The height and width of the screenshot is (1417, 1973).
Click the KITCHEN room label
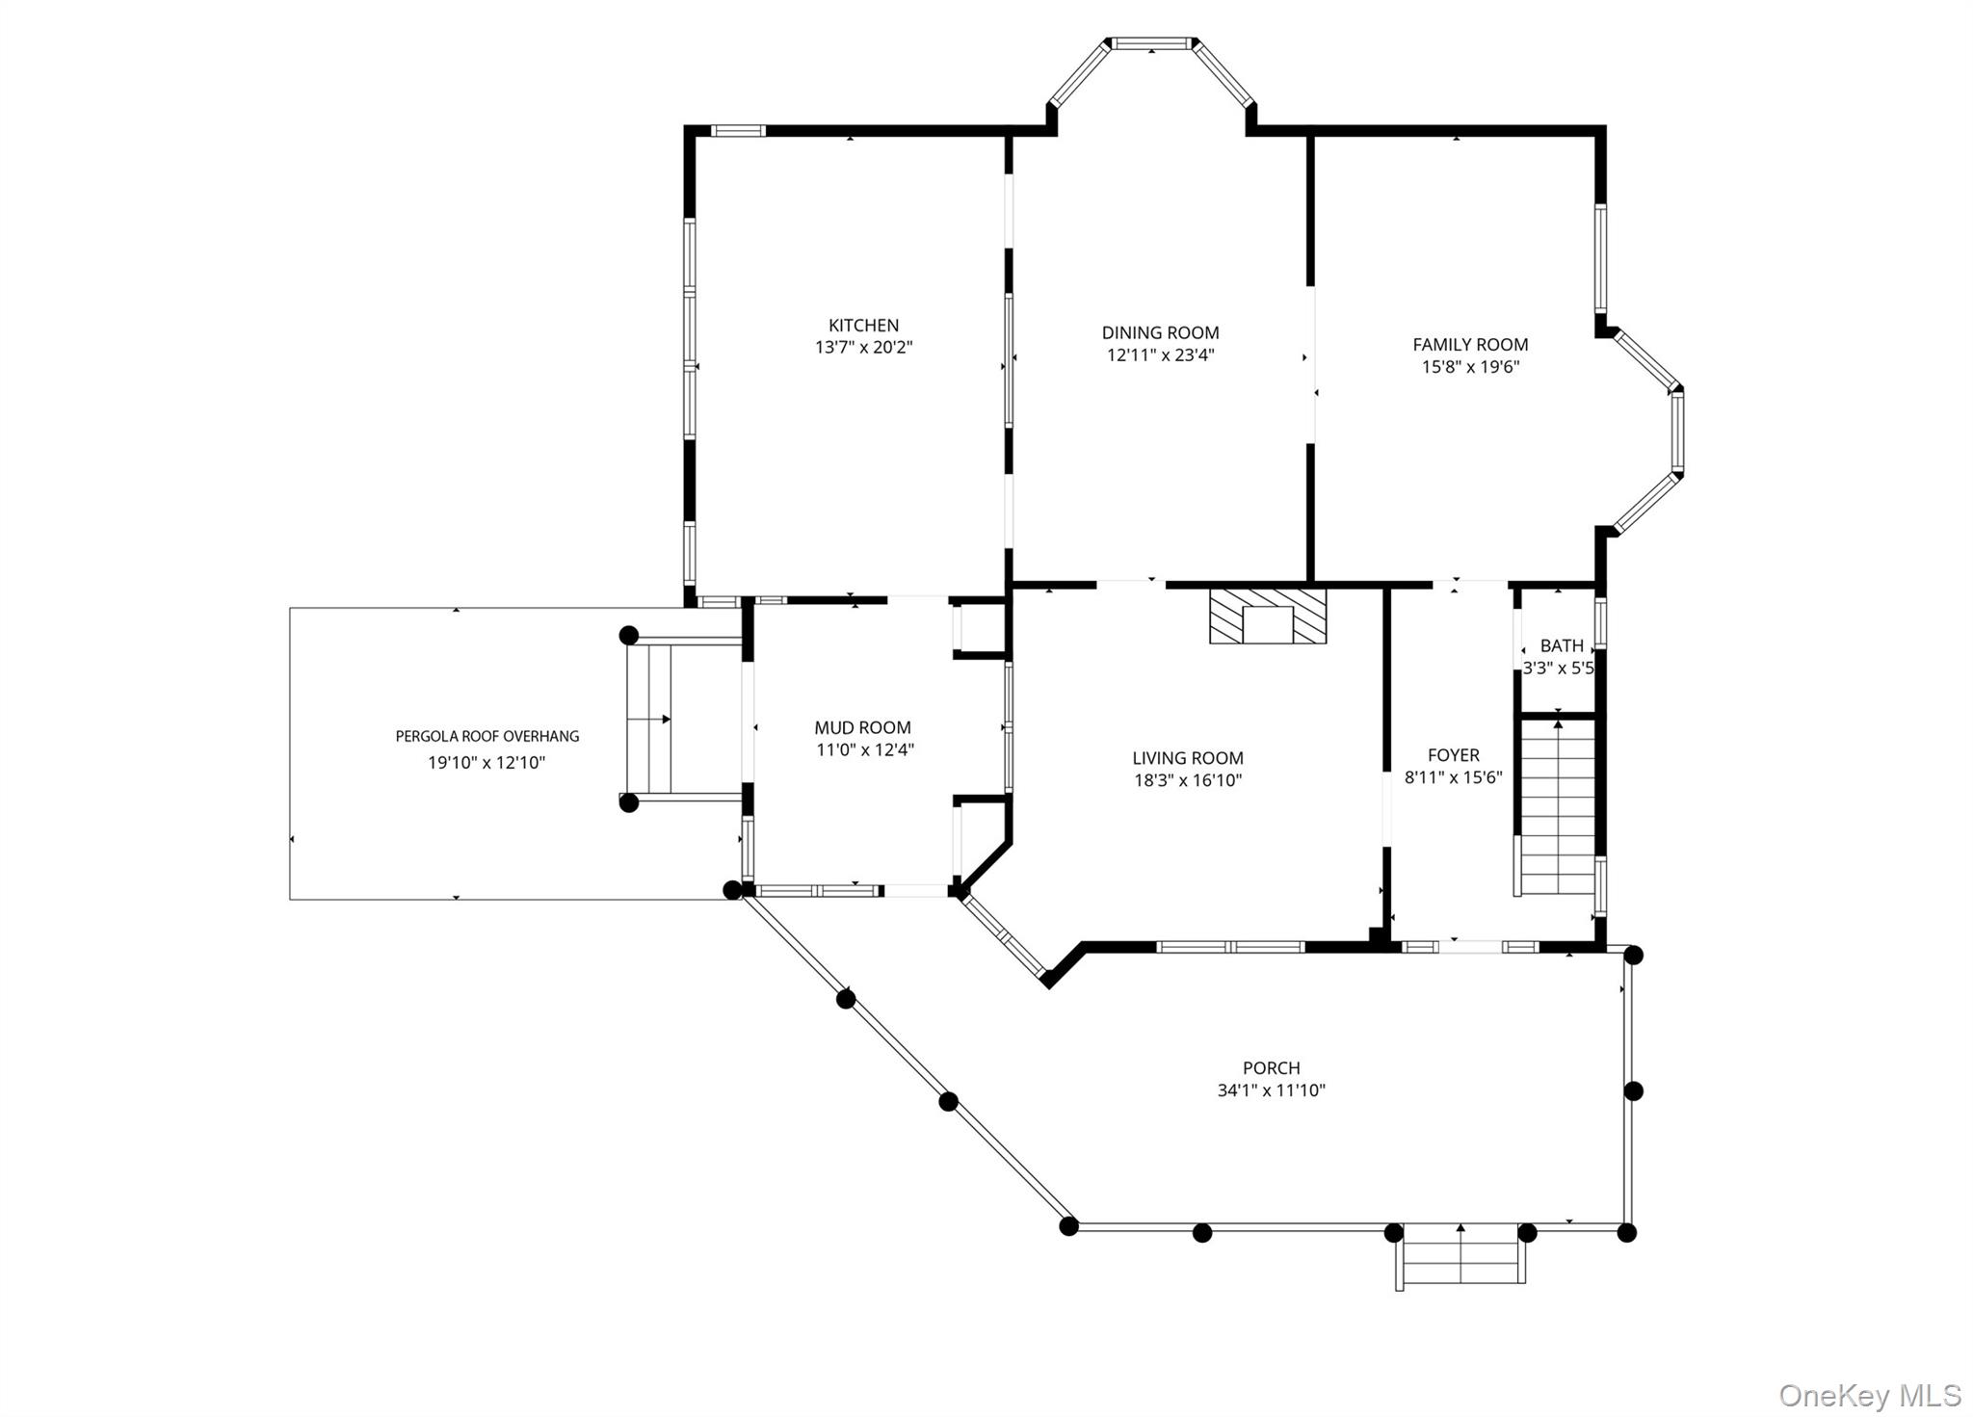pos(863,326)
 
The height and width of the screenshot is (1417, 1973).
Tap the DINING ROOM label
pos(1160,333)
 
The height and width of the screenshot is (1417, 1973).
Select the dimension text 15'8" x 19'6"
pos(1470,367)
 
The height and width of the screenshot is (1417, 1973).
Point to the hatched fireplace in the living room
pos(1268,617)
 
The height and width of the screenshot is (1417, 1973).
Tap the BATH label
pos(1562,645)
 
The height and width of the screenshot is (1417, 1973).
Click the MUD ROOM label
pos(862,728)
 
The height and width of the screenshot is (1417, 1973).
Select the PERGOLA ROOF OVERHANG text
pos(487,737)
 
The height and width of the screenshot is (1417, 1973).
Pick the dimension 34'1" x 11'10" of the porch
pos(1271,1090)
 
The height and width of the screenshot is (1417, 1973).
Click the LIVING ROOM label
pos(1187,758)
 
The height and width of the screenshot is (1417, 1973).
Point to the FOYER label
pos(1453,755)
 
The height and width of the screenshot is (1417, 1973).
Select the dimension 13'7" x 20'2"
pos(863,348)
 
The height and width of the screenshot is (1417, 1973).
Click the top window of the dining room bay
pos(1151,43)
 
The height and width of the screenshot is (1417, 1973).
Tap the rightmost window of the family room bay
pos(1677,431)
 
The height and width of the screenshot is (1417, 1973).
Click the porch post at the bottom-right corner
pos(1626,1232)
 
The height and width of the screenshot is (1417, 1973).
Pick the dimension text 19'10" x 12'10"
pos(487,763)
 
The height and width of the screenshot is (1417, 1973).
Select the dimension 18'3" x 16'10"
pos(1187,780)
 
